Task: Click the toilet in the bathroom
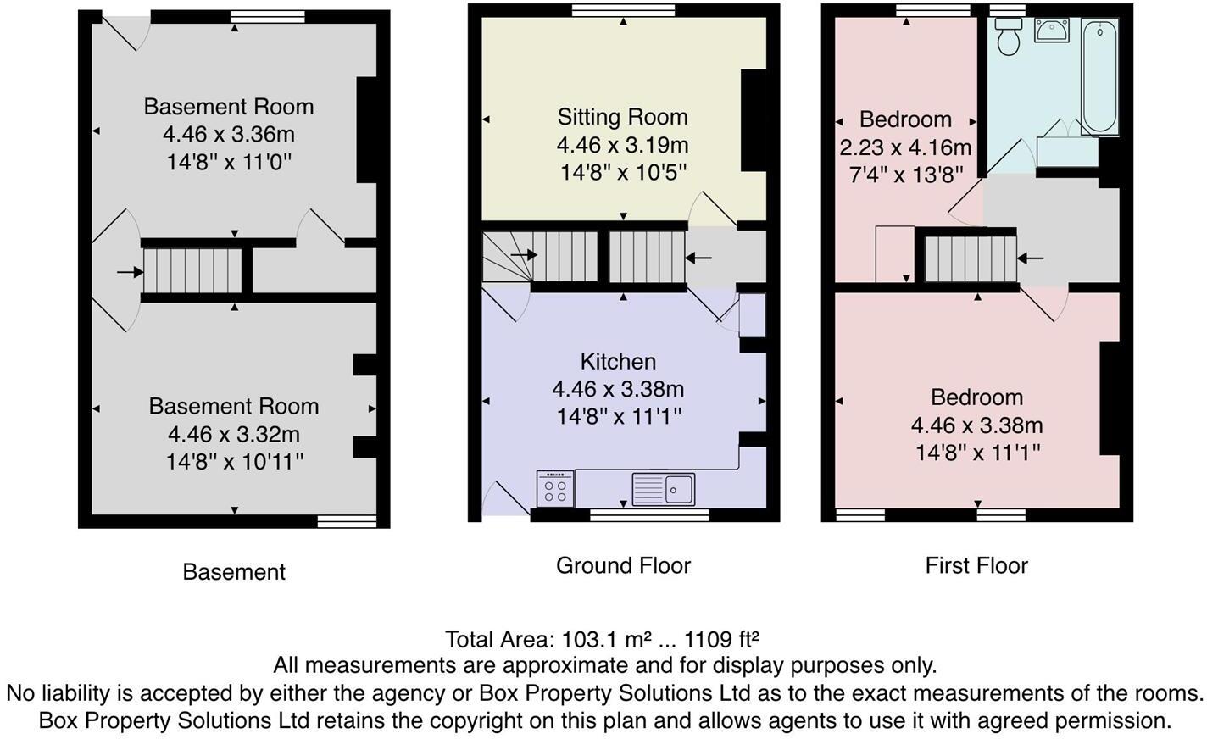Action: pos(1009,36)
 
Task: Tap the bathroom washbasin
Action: pos(1052,30)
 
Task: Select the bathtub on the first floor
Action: pos(1099,76)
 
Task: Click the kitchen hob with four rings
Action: pos(555,488)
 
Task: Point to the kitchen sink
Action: pos(664,489)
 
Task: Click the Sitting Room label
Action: pos(622,117)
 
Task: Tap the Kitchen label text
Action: pos(618,361)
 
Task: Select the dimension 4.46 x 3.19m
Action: pos(622,145)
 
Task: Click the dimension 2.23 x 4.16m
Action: pos(905,147)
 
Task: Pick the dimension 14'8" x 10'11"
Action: pos(235,462)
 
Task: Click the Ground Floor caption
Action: pos(624,565)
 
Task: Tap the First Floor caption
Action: pos(976,565)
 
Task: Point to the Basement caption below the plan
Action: pos(234,571)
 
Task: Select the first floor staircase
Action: pos(971,259)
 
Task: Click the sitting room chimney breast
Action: pos(754,120)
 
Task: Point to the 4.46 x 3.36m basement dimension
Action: pos(229,134)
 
